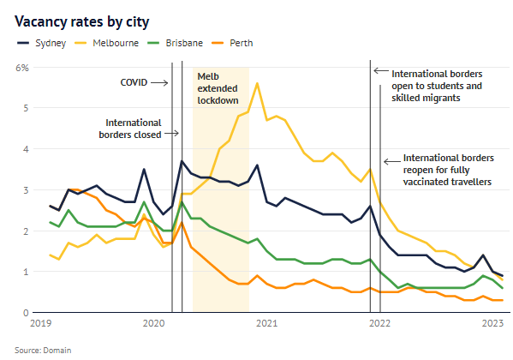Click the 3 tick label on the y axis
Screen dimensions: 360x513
(26, 189)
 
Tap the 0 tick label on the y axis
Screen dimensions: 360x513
(26, 313)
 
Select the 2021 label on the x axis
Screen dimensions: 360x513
(266, 324)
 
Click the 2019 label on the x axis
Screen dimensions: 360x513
(40, 324)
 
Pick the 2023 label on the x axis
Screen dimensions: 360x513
(492, 324)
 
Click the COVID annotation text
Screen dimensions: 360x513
(134, 83)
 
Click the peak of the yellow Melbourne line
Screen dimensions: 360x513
(258, 83)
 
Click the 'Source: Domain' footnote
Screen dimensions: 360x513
(42, 350)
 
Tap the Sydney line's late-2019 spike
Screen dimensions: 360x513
(144, 170)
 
